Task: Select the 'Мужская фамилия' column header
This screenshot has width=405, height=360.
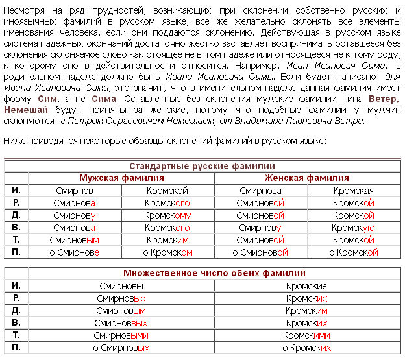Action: click(121, 178)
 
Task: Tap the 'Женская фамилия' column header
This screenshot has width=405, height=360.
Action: click(306, 178)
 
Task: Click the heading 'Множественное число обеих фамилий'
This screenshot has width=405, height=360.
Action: click(214, 273)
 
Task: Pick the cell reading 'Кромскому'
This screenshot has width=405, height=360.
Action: click(167, 215)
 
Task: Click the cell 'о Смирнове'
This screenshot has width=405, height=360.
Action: click(75, 252)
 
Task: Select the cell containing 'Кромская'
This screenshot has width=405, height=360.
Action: click(353, 191)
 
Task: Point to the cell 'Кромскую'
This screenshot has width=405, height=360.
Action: click(353, 228)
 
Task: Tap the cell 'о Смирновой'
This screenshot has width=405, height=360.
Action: click(260, 252)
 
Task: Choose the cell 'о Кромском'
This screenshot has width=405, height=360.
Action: click(167, 252)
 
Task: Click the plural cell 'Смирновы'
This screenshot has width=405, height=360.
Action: click(121, 286)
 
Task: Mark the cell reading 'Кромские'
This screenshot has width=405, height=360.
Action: click(306, 286)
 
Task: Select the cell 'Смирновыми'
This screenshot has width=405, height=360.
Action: click(121, 335)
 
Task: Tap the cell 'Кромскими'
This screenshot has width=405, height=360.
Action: click(306, 335)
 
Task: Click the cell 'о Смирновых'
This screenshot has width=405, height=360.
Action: click(121, 348)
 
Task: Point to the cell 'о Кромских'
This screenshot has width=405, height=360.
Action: click(306, 348)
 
